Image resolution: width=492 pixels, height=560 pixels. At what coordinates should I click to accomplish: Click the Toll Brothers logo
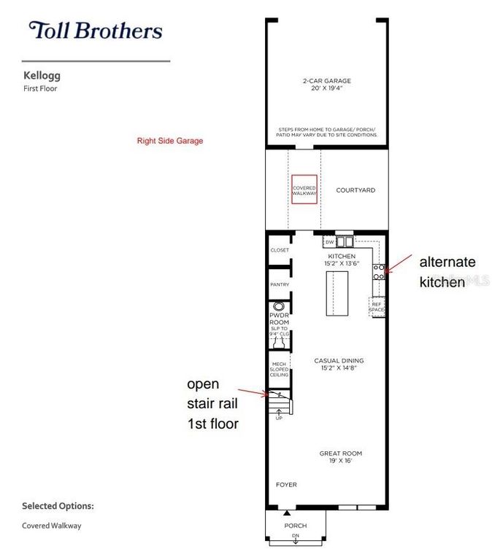(x=96, y=31)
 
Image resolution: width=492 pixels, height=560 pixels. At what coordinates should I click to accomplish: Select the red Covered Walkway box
(x=304, y=189)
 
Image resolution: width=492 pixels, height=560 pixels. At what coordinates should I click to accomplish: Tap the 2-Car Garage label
(x=327, y=85)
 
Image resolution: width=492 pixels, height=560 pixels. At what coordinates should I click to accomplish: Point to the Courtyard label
(x=355, y=190)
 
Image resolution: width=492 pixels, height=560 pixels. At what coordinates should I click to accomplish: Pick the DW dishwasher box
(x=329, y=241)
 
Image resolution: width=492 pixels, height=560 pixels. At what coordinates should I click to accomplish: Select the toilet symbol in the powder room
(x=278, y=306)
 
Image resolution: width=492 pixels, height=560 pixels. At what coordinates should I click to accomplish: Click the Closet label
(x=280, y=250)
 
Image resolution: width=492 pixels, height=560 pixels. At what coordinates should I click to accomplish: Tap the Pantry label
(x=280, y=284)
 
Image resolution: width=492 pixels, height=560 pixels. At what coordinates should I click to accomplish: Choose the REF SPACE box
(x=377, y=308)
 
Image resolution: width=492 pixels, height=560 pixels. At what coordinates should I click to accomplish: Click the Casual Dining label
(x=339, y=364)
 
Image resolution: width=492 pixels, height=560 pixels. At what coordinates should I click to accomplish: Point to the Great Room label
(x=340, y=457)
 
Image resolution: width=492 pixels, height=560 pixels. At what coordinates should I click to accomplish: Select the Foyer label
(x=286, y=484)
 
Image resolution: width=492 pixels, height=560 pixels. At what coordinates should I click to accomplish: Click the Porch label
(x=296, y=526)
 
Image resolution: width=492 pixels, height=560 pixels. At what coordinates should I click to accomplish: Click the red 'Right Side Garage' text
(x=170, y=141)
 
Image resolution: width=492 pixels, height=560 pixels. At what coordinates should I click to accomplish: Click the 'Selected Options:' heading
(x=58, y=505)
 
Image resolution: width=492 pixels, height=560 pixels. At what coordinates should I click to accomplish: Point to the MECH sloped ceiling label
(x=279, y=369)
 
